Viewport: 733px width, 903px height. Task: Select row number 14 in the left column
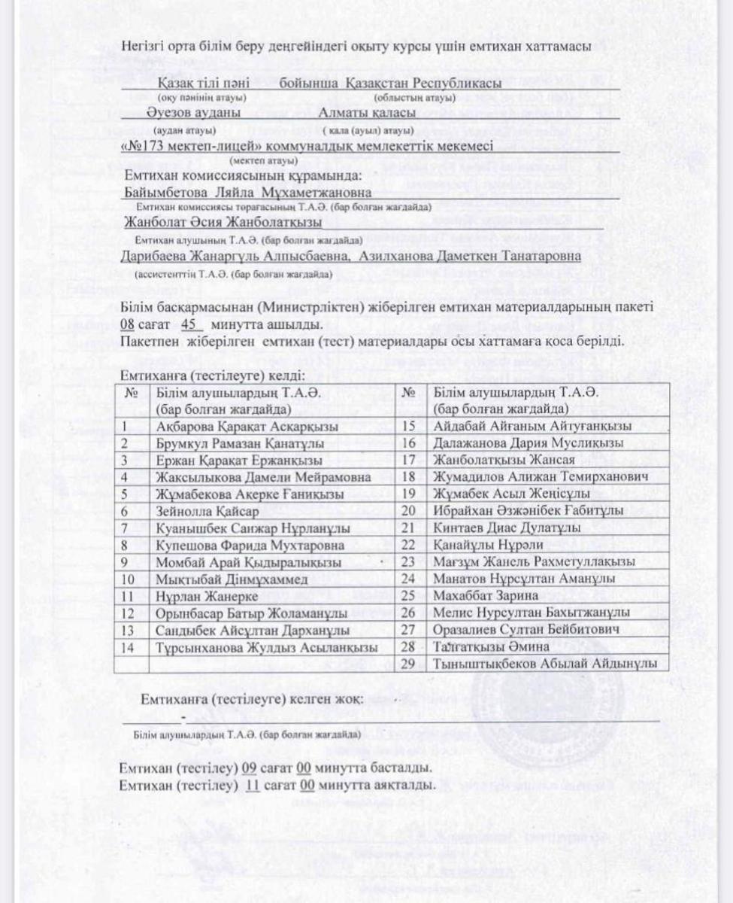[128, 646]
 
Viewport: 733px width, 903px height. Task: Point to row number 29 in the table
[409, 663]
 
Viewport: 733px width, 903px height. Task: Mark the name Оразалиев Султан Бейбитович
[526, 629]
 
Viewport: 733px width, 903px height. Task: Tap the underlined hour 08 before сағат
[127, 326]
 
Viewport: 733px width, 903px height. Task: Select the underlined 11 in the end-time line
[253, 786]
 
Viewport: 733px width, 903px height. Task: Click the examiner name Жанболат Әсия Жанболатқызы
[223, 223]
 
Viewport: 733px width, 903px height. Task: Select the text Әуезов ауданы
[195, 113]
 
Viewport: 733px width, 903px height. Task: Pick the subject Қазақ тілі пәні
[198, 82]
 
